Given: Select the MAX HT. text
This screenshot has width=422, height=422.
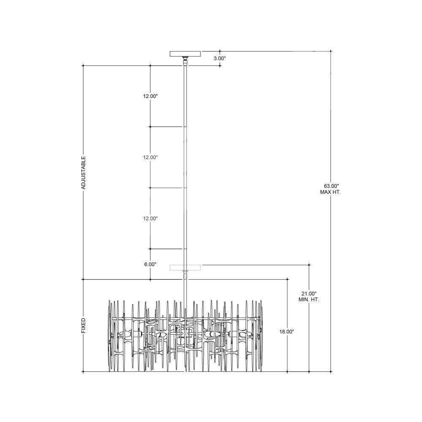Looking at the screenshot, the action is (330, 192).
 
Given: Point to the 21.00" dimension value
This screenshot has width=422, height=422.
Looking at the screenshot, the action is (309, 293).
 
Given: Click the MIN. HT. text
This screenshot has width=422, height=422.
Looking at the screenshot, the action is (309, 300).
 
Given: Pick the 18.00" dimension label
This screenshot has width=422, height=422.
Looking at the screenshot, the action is (287, 332).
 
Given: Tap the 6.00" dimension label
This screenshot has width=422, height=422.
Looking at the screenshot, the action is (150, 264).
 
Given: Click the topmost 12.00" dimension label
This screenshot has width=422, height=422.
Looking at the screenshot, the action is (150, 96).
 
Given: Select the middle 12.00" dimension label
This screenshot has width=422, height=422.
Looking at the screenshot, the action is (150, 157).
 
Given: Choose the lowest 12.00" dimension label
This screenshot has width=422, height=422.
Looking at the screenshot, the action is (150, 218).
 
